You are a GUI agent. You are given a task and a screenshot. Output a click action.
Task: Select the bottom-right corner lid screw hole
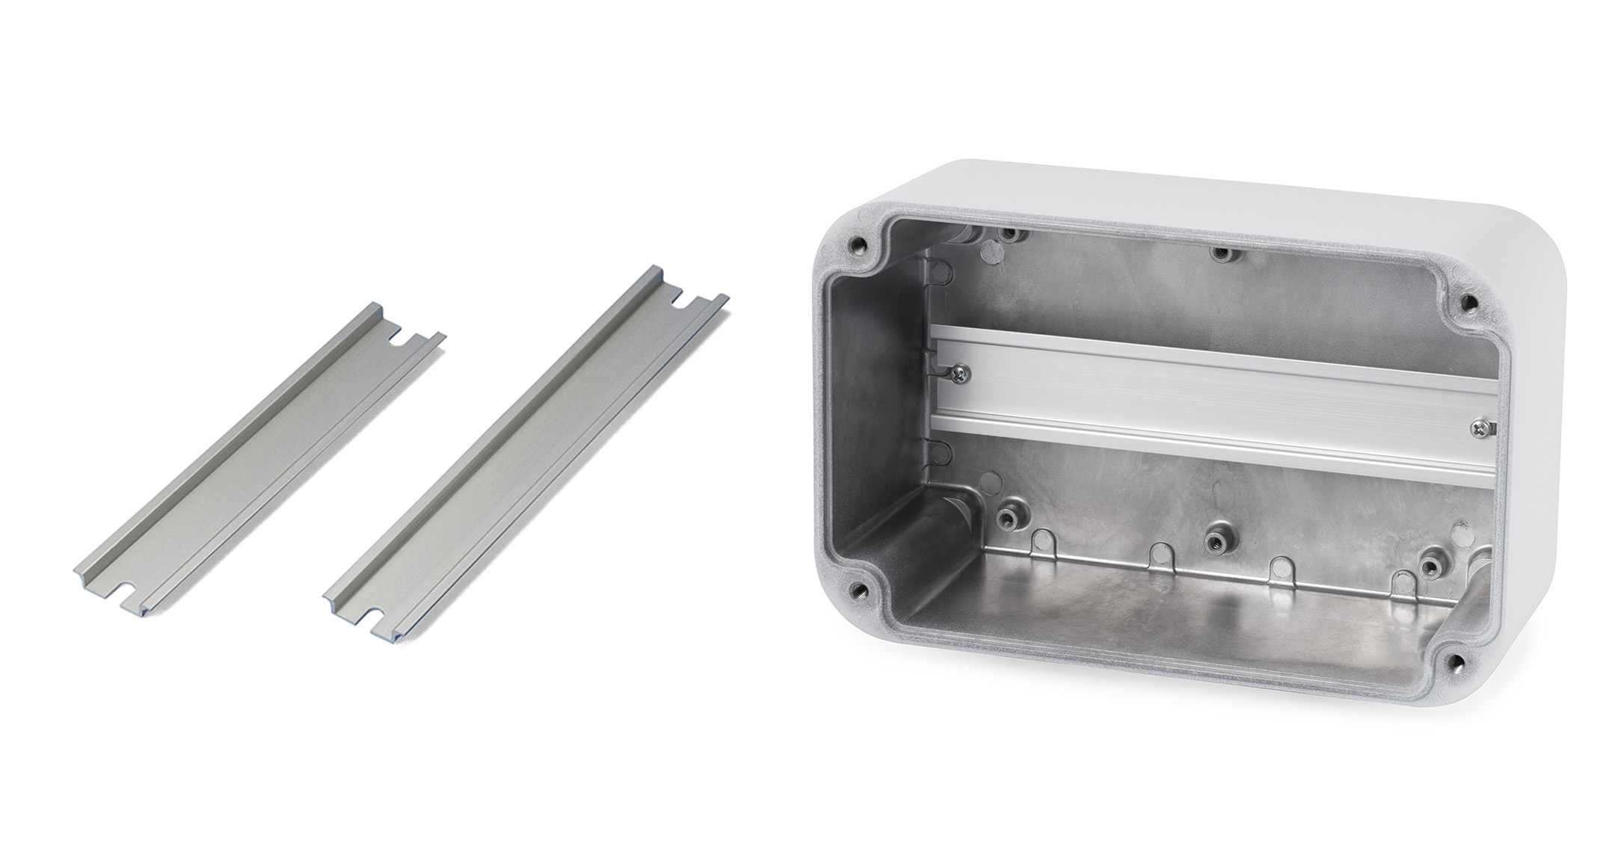(x=1454, y=661)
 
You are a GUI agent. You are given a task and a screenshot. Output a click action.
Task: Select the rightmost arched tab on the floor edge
(x=1402, y=583)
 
